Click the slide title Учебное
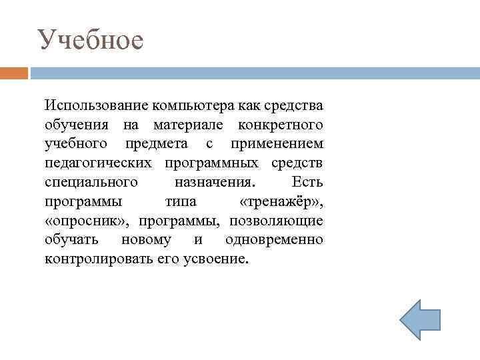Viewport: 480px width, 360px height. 90,40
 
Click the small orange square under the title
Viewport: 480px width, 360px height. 14,73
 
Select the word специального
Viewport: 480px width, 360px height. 91,182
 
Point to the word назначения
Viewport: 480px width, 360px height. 213,182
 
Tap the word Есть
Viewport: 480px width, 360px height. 307,182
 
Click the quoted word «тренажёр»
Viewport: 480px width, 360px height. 281,201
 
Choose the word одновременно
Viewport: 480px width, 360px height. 274,239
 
